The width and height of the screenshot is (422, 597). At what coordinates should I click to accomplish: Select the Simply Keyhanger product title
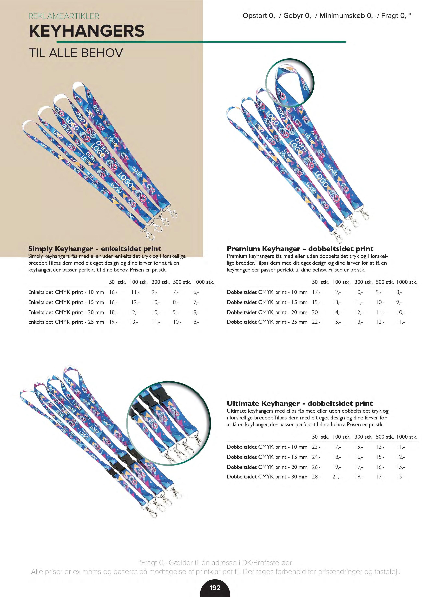click(x=95, y=249)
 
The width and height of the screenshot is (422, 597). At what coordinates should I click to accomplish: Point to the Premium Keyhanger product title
click(x=300, y=249)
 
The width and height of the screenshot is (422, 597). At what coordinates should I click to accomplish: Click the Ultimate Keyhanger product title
click(x=300, y=404)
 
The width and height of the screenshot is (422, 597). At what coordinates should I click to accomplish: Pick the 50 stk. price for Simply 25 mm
click(x=113, y=322)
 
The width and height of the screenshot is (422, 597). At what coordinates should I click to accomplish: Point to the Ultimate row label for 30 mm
click(x=267, y=477)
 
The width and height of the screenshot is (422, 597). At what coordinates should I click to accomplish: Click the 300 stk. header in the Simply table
click(x=161, y=282)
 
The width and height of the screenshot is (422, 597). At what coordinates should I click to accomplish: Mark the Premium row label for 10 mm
click(x=267, y=292)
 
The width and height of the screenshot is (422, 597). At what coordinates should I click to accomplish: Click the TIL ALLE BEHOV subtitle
click(x=76, y=53)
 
